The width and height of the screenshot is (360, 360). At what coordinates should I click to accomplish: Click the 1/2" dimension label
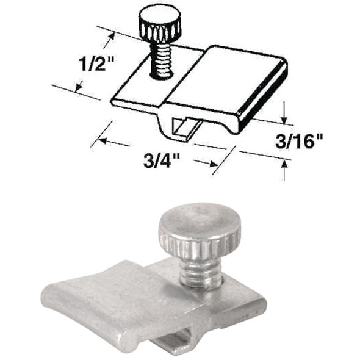(x=96, y=62)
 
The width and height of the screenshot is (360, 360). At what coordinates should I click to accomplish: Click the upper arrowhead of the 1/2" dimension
(x=111, y=37)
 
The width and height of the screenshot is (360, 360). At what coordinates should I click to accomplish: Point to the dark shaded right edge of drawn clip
(x=262, y=98)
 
